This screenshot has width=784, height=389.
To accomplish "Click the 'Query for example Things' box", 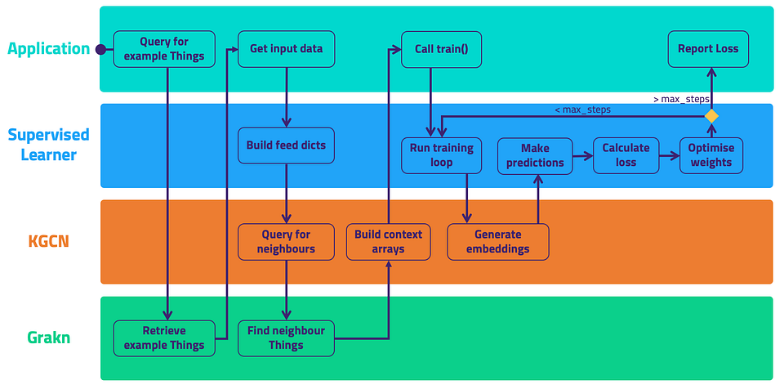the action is pos(164,49).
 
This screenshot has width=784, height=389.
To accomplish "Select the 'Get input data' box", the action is pos(286,49).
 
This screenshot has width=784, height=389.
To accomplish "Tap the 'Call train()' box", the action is pos(442,49).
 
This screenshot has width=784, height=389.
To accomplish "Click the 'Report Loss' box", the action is pos(708,49).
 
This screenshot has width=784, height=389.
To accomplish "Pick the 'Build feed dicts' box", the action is pos(286,145).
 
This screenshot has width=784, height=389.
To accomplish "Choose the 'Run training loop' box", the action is pos(442,155).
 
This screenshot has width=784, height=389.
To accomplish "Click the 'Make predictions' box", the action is pos(535,155).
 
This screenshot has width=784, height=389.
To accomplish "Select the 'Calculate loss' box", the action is pos(626,155).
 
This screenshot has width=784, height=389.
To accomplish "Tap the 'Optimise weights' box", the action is pos(711,155).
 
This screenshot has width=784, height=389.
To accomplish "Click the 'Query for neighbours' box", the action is pos(286,242).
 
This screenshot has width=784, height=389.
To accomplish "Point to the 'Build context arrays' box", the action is pos(389,242).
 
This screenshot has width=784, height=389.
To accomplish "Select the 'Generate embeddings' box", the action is pos(498,242).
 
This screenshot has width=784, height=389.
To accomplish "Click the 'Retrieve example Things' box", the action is pos(164,338).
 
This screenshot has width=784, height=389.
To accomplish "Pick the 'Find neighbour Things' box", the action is pos(286,338).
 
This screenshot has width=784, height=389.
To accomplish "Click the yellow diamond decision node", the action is pos(711,116).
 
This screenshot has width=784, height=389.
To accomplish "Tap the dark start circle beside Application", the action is pos(100,49).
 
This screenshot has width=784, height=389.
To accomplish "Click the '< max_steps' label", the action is pos(583,110).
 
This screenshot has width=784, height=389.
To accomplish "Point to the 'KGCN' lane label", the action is pos(48,241).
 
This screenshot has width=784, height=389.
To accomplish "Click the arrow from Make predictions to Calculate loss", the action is pos(583,156).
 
